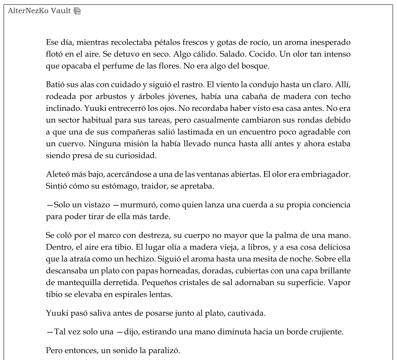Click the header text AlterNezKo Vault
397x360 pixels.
point(40,11)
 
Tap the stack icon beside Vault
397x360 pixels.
point(77,11)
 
